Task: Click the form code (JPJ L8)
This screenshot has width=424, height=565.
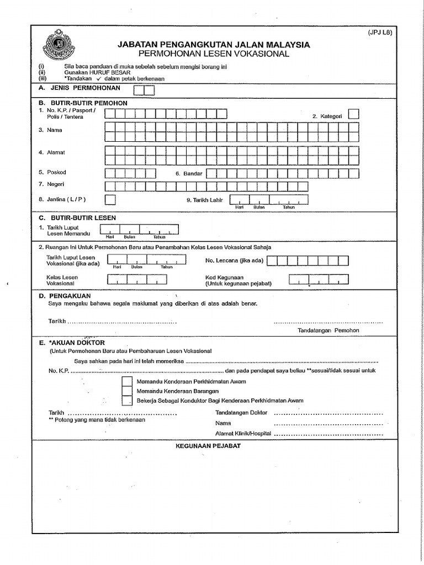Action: point(380,33)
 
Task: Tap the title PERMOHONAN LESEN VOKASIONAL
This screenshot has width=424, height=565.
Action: point(214,54)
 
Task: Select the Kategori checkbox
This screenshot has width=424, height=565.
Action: point(354,114)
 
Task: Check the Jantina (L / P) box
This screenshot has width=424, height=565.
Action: point(110,199)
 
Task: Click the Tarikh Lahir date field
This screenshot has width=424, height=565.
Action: point(269,200)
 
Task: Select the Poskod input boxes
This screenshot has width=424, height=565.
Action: point(130,173)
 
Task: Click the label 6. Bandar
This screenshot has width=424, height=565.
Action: point(189,174)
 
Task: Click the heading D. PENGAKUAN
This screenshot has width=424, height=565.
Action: point(65,296)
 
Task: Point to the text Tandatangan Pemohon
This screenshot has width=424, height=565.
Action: point(328,330)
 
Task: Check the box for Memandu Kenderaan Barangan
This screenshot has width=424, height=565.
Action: point(127,391)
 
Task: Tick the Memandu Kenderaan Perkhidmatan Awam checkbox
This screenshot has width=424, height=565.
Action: point(127,381)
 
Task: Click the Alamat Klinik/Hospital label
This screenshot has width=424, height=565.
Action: point(243,434)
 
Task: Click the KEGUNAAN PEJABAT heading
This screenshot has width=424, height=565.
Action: point(208,445)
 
